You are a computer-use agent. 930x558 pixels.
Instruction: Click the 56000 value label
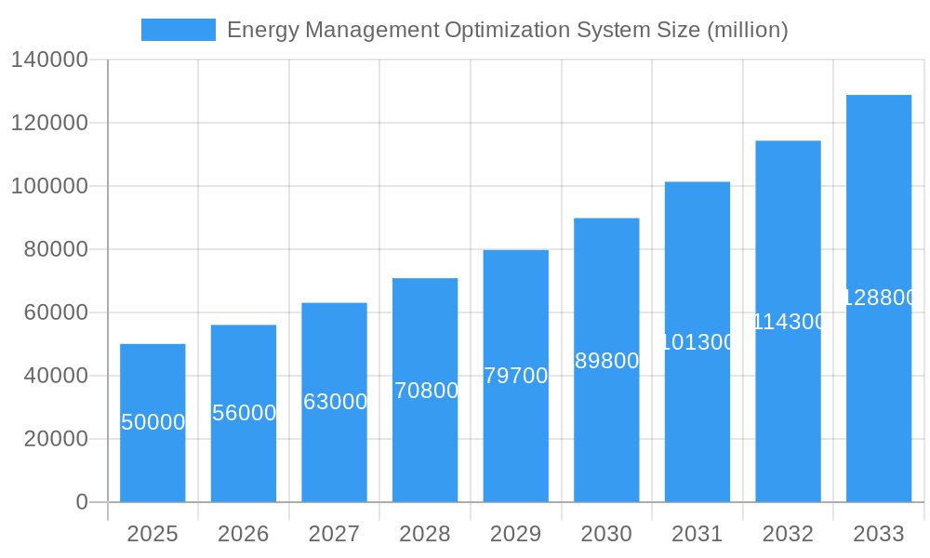pos(244,413)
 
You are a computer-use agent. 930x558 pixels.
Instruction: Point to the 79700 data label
pos(516,376)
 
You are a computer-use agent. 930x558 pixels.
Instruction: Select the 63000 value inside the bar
pos(335,402)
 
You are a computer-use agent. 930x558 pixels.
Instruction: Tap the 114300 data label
pos(789,322)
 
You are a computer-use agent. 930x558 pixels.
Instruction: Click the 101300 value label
pos(697,342)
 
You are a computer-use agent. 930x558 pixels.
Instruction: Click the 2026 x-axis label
pos(244,534)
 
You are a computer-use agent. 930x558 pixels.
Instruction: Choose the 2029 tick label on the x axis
pos(516,534)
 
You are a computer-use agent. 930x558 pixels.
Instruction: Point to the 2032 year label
pos(789,534)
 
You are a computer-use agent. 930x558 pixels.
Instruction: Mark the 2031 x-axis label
pos(697,534)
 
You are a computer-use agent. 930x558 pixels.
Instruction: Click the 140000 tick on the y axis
pos(49,60)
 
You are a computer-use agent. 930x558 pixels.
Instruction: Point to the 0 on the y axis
pos(82,502)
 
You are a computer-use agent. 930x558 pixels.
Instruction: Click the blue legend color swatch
pos(178,30)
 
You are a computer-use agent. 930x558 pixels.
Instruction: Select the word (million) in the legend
pos(747,30)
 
